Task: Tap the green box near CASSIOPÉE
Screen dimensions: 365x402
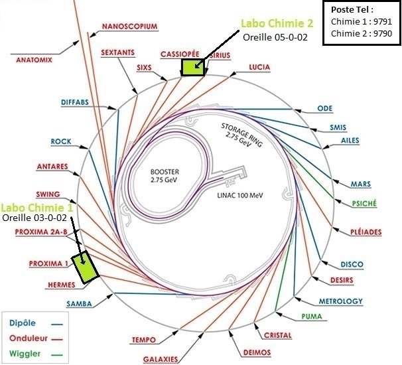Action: pyautogui.click(x=192, y=66)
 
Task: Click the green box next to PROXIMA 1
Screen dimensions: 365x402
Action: pyautogui.click(x=86, y=267)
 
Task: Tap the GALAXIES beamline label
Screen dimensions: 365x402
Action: pyautogui.click(x=161, y=359)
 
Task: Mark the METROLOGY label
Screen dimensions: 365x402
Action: pyautogui.click(x=341, y=301)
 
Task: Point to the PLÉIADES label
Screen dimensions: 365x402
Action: pyautogui.click(x=366, y=232)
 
